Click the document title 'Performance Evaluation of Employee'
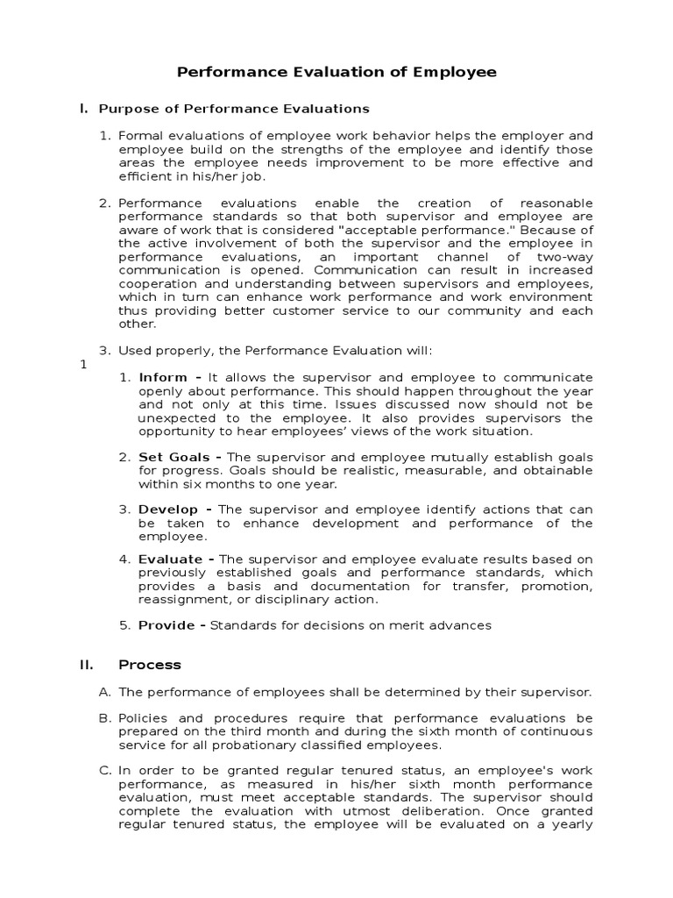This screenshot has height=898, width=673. tap(337, 72)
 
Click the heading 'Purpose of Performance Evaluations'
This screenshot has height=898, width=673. tap(234, 109)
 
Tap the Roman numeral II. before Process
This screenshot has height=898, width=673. tap(87, 665)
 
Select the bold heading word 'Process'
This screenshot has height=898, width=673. tap(151, 665)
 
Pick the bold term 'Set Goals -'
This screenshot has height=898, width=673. tap(180, 458)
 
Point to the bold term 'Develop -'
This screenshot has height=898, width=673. tap(175, 510)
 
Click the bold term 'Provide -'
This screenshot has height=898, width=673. tap(172, 625)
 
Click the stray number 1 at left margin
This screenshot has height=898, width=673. tap(83, 365)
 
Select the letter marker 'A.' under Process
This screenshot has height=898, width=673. tap(105, 692)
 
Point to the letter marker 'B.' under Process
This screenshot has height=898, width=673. tap(105, 718)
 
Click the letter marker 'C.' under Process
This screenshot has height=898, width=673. tap(105, 770)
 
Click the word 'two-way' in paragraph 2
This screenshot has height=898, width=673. tap(569, 257)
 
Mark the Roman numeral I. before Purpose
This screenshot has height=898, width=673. tap(83, 109)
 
